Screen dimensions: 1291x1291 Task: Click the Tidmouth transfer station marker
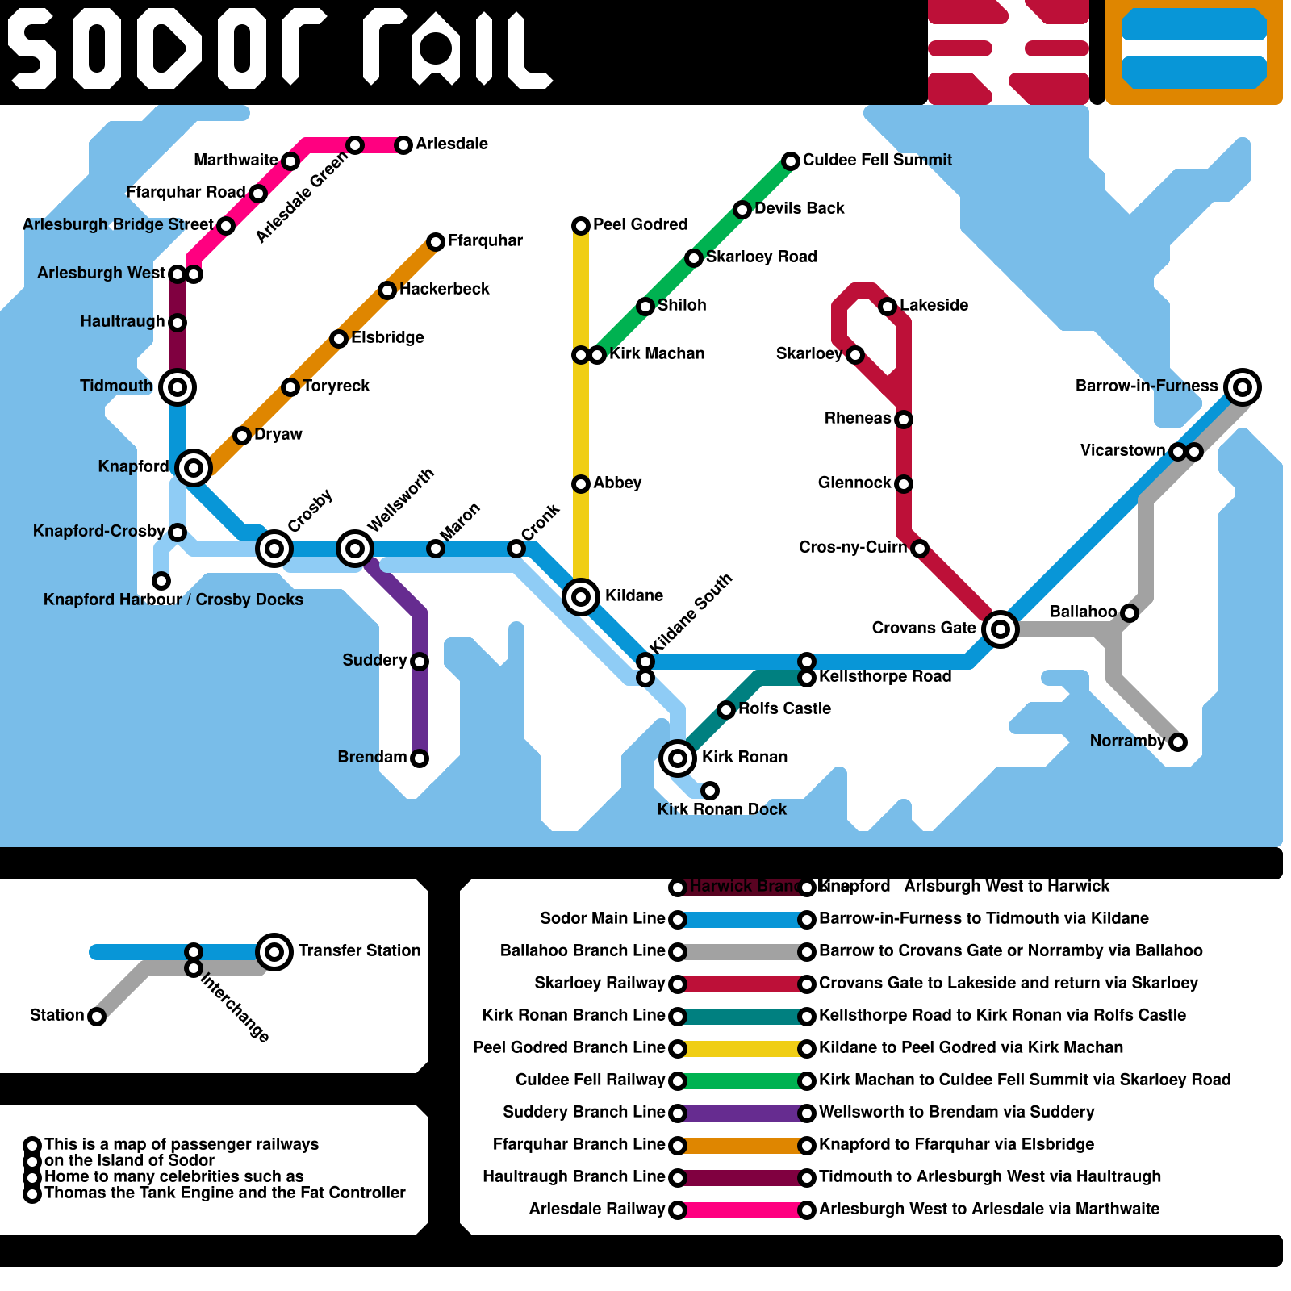pyautogui.click(x=178, y=387)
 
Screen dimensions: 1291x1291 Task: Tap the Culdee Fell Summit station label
pyautogui.click(x=877, y=160)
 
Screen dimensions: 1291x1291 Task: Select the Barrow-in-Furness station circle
pyautogui.click(x=1243, y=387)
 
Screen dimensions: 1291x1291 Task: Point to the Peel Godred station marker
pyautogui.click(x=581, y=226)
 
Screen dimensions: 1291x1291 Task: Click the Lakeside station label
pyautogui.click(x=934, y=305)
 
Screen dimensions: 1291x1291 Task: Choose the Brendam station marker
pyautogui.click(x=420, y=758)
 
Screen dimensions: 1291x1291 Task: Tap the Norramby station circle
pyautogui.click(x=1178, y=742)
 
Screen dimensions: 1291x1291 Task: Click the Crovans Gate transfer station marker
pyautogui.click(x=1001, y=629)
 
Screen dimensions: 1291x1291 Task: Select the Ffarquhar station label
pyautogui.click(x=485, y=240)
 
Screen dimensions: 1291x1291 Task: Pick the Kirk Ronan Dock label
pyautogui.click(x=721, y=809)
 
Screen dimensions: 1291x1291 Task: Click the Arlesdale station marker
pyautogui.click(x=403, y=145)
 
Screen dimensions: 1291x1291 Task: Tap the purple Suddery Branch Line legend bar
pyautogui.click(x=742, y=1113)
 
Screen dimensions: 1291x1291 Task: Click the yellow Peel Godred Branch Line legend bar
pyautogui.click(x=742, y=1049)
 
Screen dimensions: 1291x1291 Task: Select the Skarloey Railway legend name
pyautogui.click(x=600, y=983)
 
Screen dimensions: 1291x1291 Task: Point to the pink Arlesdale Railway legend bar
pyautogui.click(x=742, y=1210)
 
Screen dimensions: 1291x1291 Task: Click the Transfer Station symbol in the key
pyautogui.click(x=274, y=952)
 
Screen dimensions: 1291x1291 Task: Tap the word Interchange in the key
pyautogui.click(x=235, y=1008)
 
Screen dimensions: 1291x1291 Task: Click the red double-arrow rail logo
pyautogui.click(x=1009, y=52)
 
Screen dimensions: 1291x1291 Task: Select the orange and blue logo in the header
pyautogui.click(x=1194, y=52)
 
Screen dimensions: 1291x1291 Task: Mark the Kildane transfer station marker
pyautogui.click(x=581, y=597)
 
